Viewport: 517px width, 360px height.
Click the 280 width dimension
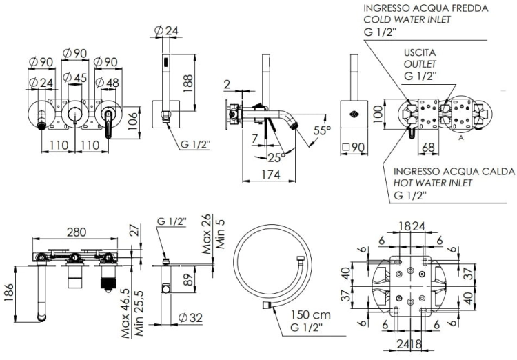(x=77, y=232)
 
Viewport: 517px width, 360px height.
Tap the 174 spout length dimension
(x=271, y=174)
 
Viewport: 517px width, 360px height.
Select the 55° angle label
(x=322, y=130)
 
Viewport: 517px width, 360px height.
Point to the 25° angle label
(x=276, y=158)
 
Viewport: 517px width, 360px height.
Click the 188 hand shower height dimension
(x=187, y=83)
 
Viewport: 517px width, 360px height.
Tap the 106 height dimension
(x=132, y=121)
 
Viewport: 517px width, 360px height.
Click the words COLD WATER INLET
(x=407, y=19)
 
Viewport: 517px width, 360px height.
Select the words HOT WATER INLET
(x=433, y=183)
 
